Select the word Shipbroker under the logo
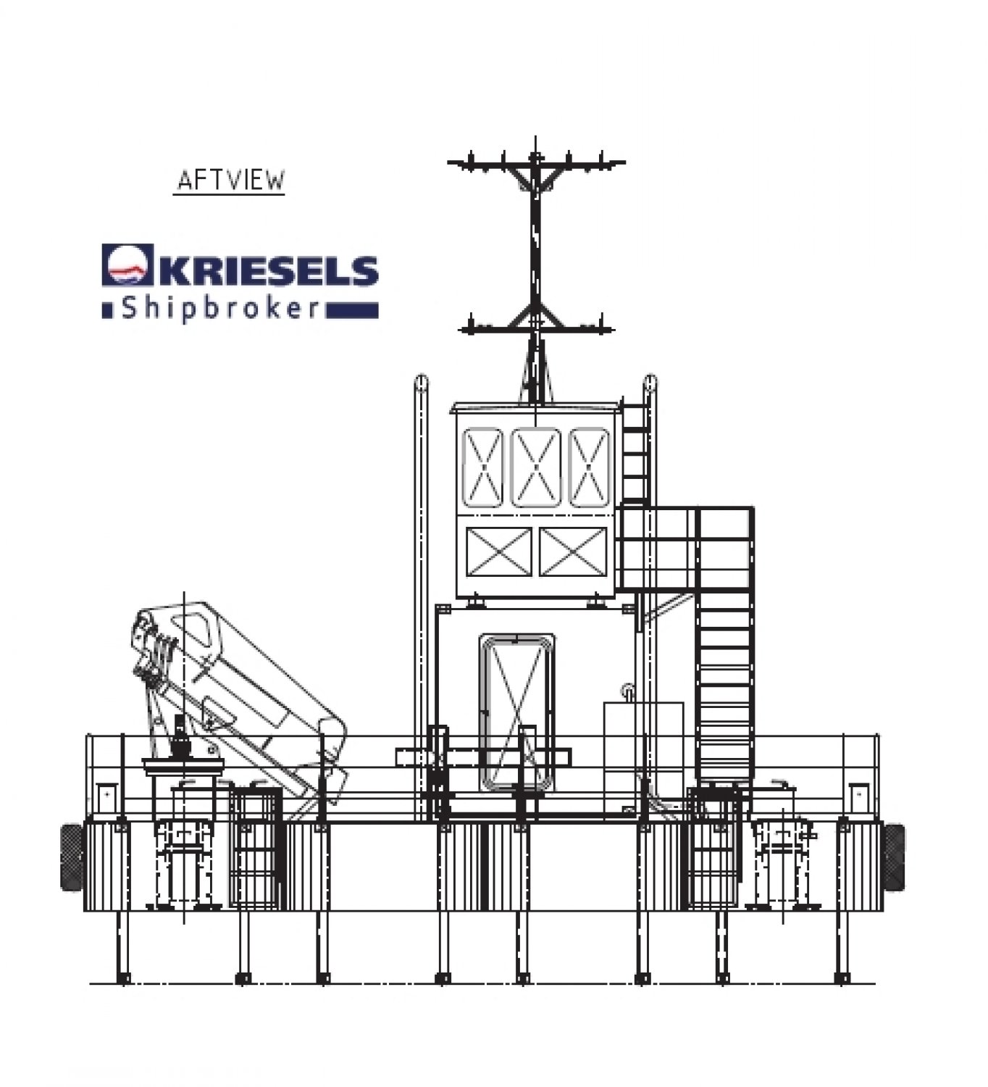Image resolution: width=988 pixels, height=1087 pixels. point(220,309)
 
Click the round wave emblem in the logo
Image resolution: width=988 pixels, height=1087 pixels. point(127,265)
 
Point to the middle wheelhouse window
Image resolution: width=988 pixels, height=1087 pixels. point(535,467)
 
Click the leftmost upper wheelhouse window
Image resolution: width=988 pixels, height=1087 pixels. point(482,467)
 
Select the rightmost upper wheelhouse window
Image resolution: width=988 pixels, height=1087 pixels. point(589,467)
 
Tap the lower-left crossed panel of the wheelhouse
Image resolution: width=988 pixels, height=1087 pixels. point(499,551)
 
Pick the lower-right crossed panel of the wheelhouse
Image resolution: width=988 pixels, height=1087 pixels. point(572,551)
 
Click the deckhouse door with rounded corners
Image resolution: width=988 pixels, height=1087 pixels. point(516,712)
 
